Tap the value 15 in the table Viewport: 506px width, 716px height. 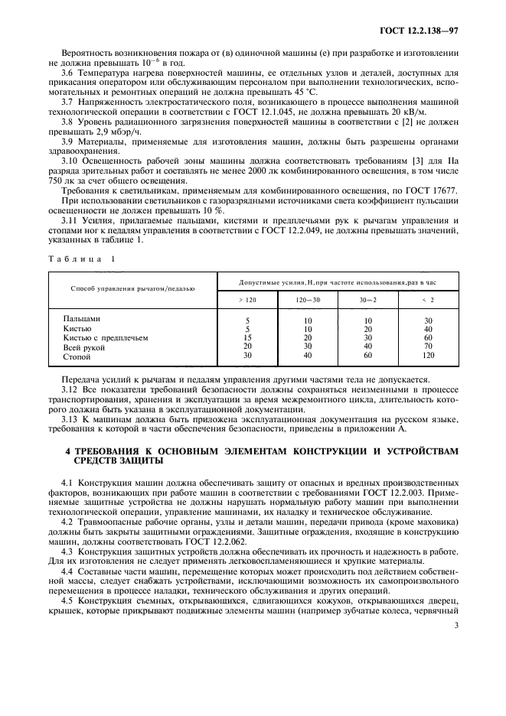(246, 337)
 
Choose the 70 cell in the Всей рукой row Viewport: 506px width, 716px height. (428, 347)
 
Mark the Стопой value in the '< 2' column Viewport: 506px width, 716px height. (428, 356)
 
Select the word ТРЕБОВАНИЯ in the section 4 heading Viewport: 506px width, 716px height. (106, 452)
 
